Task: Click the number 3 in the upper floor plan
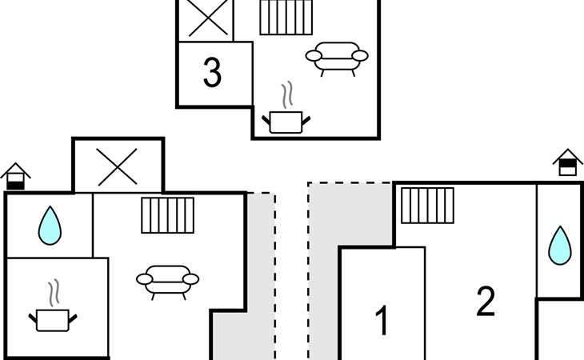tap(212, 72)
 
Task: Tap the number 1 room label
tap(382, 320)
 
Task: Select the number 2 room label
tap(486, 301)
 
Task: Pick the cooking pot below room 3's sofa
tap(286, 122)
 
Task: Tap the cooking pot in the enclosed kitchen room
tap(53, 320)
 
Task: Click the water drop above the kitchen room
tap(50, 226)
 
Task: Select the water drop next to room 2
tap(560, 246)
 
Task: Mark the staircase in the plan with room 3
tap(286, 17)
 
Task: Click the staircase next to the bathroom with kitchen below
tap(168, 215)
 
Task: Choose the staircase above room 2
tap(427, 206)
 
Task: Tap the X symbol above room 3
tap(208, 18)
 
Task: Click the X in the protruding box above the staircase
tap(118, 166)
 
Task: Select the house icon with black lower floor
tap(15, 176)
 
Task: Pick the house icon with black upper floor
tap(568, 162)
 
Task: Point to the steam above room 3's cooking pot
tap(286, 95)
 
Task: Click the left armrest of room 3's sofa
tap(314, 56)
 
